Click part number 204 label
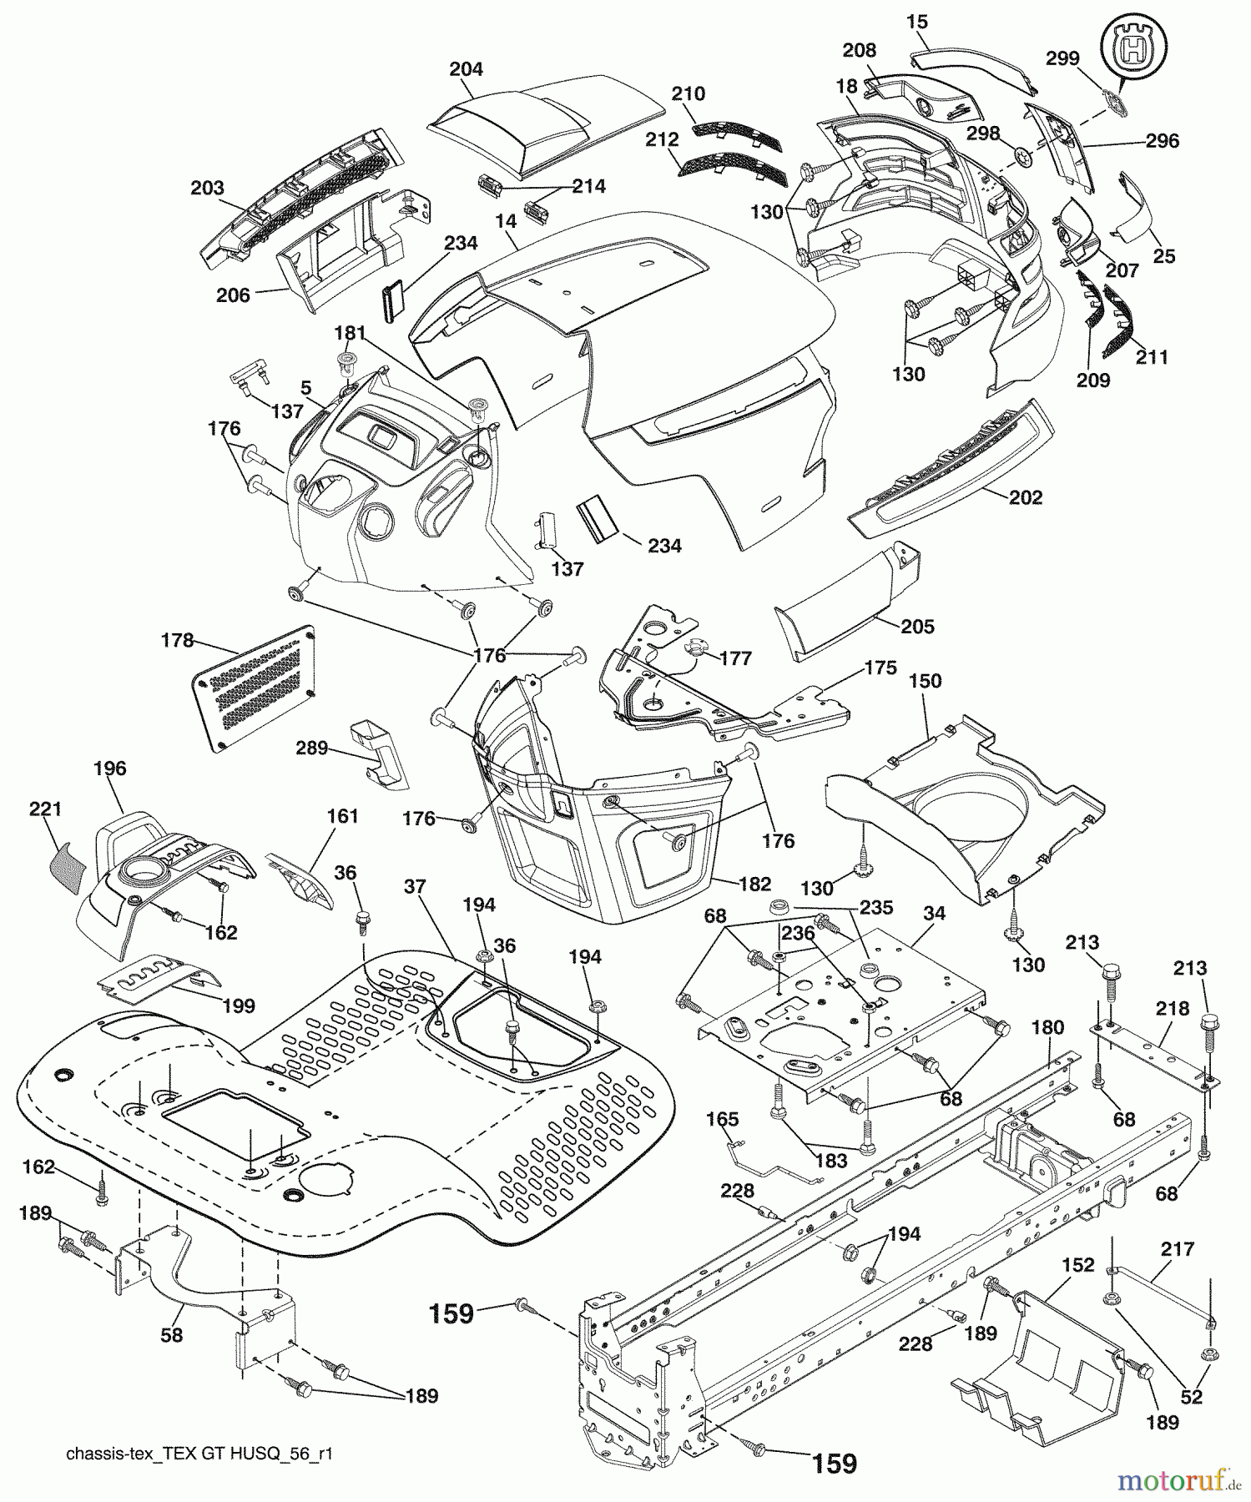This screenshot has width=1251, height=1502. click(466, 70)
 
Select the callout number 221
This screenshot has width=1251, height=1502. click(45, 809)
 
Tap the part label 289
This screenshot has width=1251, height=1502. click(311, 748)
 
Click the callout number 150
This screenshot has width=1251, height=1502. click(925, 682)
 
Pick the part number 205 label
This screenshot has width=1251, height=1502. click(917, 627)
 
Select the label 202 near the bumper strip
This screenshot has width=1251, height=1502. click(1026, 498)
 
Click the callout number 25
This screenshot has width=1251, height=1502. click(1163, 256)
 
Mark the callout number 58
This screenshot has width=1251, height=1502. click(172, 1336)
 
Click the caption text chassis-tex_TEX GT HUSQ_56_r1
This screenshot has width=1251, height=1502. click(199, 1454)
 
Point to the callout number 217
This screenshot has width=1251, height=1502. click(1177, 1250)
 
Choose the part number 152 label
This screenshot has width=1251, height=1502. click(1077, 1266)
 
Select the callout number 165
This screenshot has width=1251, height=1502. click(723, 1119)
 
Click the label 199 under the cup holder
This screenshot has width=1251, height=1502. click(239, 1006)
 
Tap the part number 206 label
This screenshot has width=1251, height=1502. click(233, 295)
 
